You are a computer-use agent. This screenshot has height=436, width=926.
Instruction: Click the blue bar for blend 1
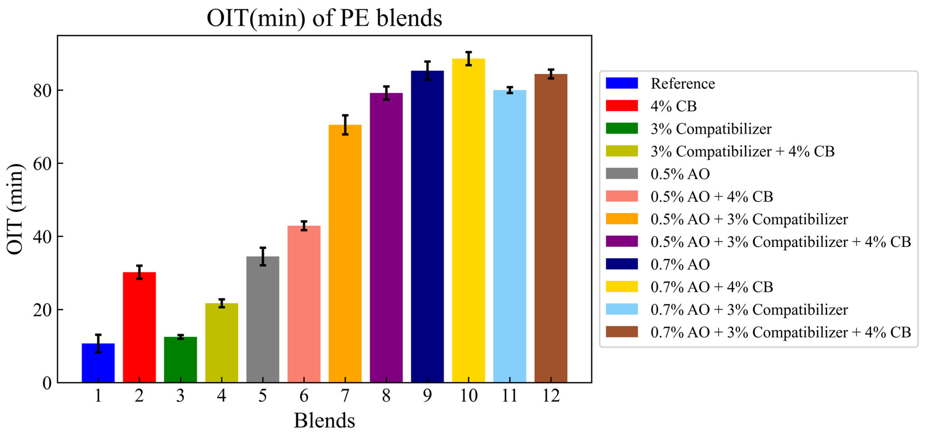(x=98, y=363)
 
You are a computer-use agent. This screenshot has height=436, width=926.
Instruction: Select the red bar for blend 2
(x=139, y=327)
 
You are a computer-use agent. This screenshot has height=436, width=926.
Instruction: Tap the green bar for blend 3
(x=180, y=359)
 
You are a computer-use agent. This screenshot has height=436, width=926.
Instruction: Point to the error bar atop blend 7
(x=345, y=125)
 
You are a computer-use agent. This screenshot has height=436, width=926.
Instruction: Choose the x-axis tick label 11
(x=510, y=396)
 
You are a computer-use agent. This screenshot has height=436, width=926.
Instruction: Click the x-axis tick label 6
(x=304, y=396)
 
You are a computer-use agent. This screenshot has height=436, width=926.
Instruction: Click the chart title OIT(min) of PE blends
(x=324, y=18)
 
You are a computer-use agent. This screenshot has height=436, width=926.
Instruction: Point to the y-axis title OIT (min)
(x=15, y=209)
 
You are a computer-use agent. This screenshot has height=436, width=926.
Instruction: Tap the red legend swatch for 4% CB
(x=622, y=106)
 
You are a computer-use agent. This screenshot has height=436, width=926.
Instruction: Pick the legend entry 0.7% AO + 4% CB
(x=711, y=287)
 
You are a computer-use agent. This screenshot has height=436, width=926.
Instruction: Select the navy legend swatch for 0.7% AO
(x=622, y=264)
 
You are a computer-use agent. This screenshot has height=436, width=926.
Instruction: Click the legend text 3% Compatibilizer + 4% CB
(x=742, y=151)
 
